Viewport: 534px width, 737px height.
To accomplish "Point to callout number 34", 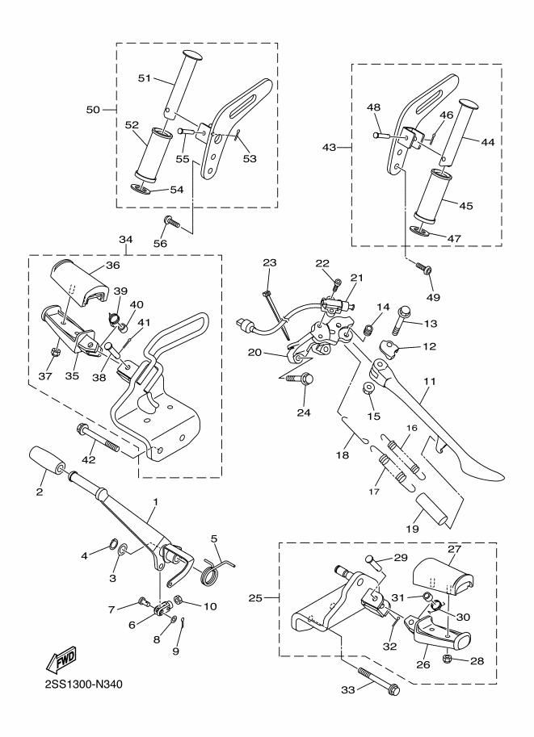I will pyautogui.click(x=124, y=240).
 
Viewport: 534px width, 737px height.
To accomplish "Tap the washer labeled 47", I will pyautogui.click(x=418, y=229).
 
